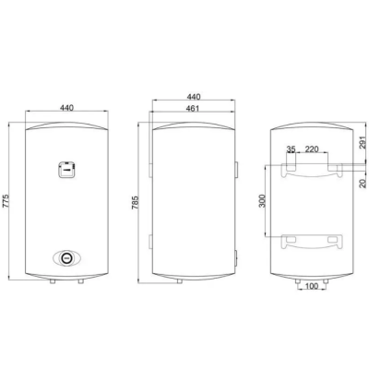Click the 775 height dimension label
coord(6,201)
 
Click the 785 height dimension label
coord(136,203)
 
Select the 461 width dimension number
coord(193,108)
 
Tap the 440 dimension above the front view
coord(66,108)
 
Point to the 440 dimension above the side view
coord(194,97)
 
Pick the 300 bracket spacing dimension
coord(262,201)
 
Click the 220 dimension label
coord(312,149)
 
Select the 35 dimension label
coord(291,149)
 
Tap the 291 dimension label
coord(363,142)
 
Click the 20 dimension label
coord(363,184)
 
